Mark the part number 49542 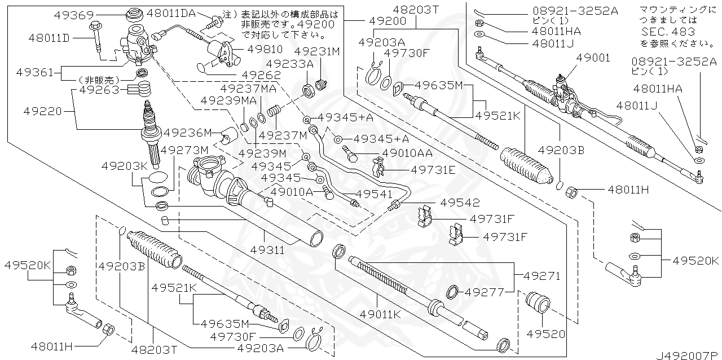[460, 202]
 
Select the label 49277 [484, 292]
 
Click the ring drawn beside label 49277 [453, 292]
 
